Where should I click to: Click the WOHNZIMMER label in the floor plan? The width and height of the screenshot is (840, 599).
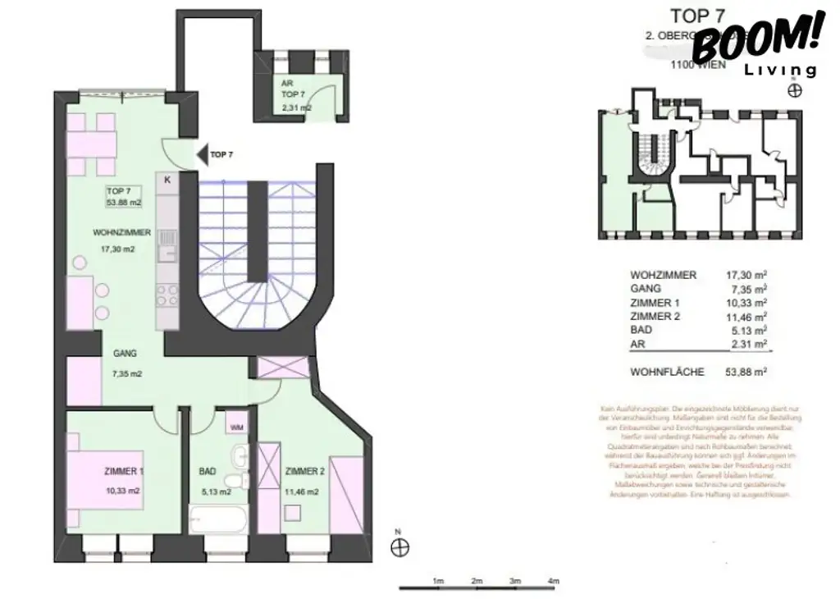click(121, 233)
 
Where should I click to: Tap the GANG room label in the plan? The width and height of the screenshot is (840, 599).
click(126, 354)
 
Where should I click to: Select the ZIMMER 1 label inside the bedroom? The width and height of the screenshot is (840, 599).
click(124, 472)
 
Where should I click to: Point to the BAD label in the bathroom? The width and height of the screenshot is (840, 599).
click(208, 472)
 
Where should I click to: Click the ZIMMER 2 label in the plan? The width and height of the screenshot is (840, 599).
click(305, 472)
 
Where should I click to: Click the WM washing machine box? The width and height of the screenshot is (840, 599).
click(236, 427)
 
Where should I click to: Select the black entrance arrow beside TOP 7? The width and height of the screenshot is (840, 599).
click(201, 153)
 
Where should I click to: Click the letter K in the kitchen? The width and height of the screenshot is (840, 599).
click(167, 180)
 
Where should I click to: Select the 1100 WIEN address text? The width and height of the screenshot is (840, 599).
click(698, 65)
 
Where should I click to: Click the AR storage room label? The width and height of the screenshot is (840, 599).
click(286, 85)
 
